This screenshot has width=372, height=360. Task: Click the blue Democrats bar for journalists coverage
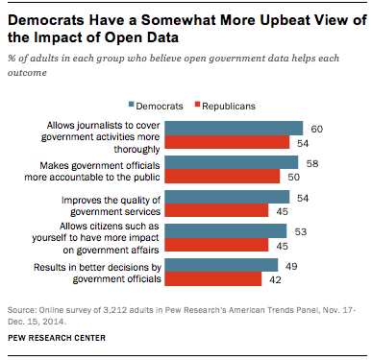[x=234, y=128]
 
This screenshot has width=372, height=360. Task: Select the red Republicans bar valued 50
[x=222, y=177]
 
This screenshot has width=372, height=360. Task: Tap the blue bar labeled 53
[x=226, y=231]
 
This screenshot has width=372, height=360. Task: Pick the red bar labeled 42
[x=213, y=279]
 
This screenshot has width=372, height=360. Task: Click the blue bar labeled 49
[x=221, y=265]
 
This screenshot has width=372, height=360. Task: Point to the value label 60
[x=316, y=129]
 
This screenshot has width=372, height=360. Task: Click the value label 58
[x=312, y=163]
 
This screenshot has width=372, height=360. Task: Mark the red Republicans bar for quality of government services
[x=216, y=210]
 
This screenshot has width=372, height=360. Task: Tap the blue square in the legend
[x=131, y=105]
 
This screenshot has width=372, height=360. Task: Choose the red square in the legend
[x=197, y=105]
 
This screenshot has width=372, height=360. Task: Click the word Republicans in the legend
[x=229, y=107]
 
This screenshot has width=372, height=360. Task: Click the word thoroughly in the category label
[x=136, y=150]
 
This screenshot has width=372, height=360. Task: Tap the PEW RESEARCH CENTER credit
[x=57, y=338]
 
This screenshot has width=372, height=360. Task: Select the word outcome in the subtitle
[x=27, y=73]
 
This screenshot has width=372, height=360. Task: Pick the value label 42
[x=275, y=279]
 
